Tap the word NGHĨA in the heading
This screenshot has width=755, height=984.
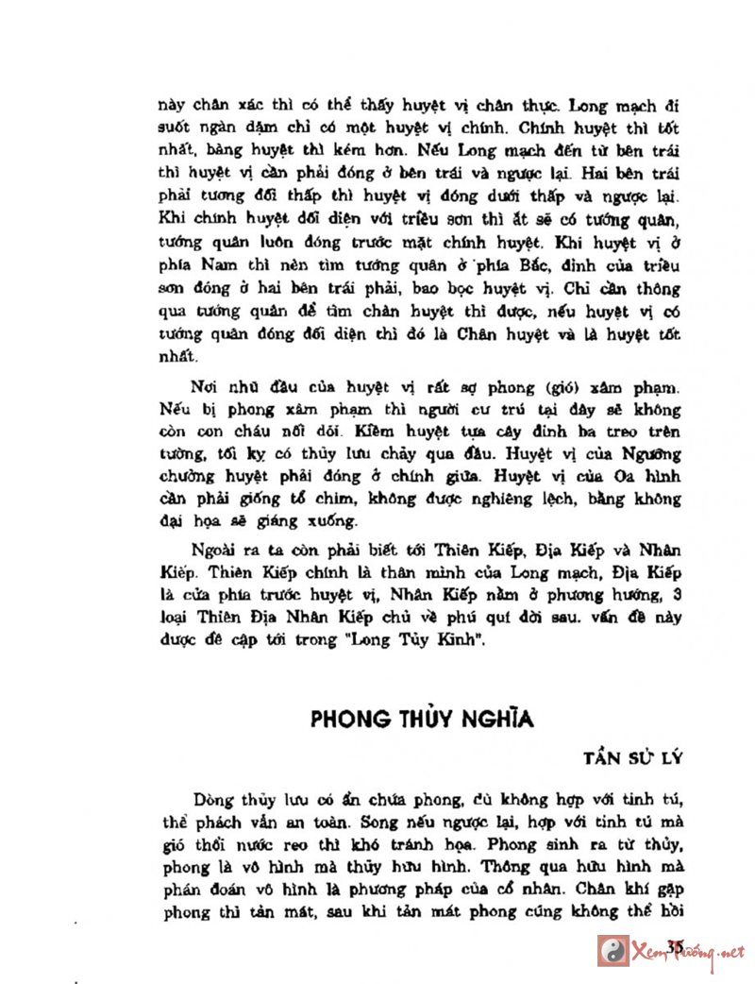pos(497,720)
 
